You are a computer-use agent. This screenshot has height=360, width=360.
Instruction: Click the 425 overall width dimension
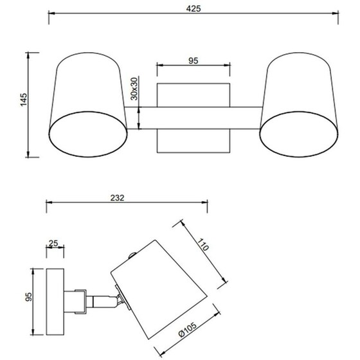(x=194, y=9)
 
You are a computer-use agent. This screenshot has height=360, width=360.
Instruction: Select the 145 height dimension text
(x=24, y=100)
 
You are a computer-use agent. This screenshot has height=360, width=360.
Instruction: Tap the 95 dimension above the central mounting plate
(x=194, y=61)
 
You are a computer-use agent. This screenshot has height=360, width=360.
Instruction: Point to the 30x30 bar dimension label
(x=134, y=89)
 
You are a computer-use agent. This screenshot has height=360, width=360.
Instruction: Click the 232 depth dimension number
(x=117, y=198)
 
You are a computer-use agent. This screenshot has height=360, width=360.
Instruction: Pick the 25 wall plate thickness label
(x=53, y=243)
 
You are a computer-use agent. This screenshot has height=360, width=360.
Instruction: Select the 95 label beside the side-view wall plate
(x=29, y=297)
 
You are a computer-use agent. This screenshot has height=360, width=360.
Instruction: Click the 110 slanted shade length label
(x=203, y=245)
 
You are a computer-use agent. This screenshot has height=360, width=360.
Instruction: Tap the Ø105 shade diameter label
(x=188, y=329)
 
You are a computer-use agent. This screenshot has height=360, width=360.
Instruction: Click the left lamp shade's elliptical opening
(x=88, y=134)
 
